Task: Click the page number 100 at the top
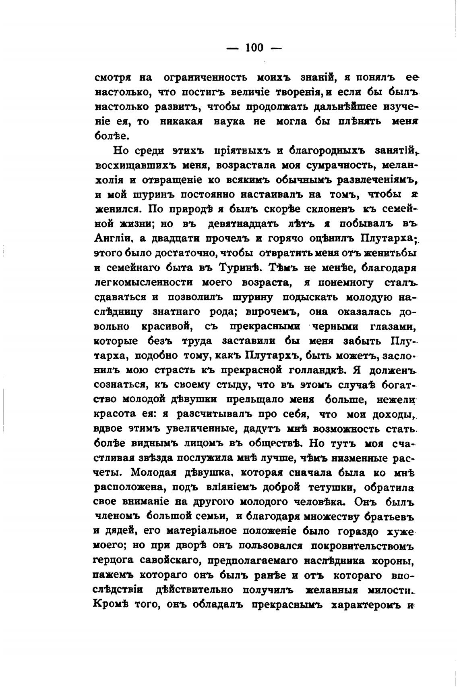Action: tap(254, 48)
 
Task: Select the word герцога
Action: tap(114, 561)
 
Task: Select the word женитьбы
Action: tap(384, 253)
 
